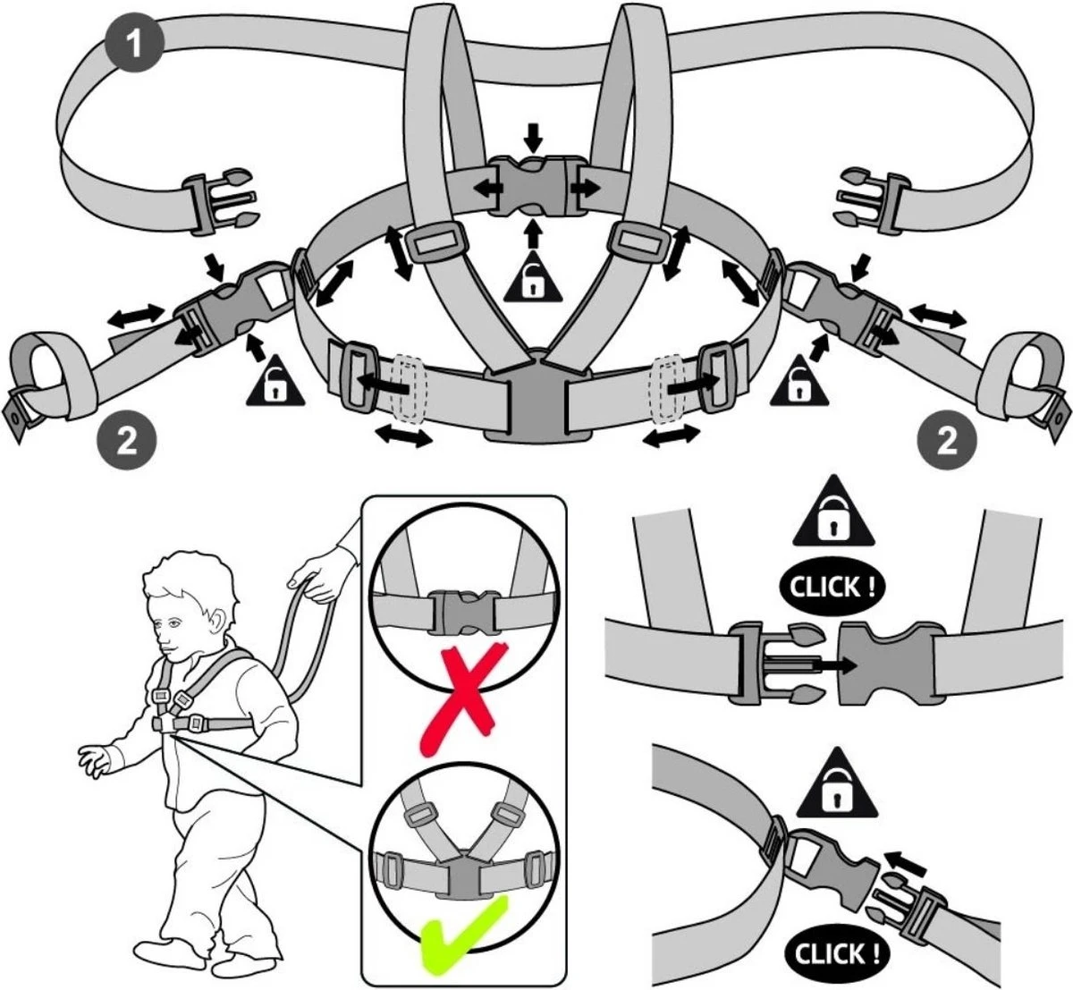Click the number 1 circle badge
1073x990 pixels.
tap(134, 44)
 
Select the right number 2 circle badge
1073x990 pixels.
tap(948, 443)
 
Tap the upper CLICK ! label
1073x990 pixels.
tap(832, 588)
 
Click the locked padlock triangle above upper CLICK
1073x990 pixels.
tap(832, 512)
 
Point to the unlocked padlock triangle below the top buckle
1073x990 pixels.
tap(533, 277)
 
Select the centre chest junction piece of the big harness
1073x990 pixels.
tap(537, 397)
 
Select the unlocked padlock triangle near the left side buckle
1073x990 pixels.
tap(275, 380)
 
